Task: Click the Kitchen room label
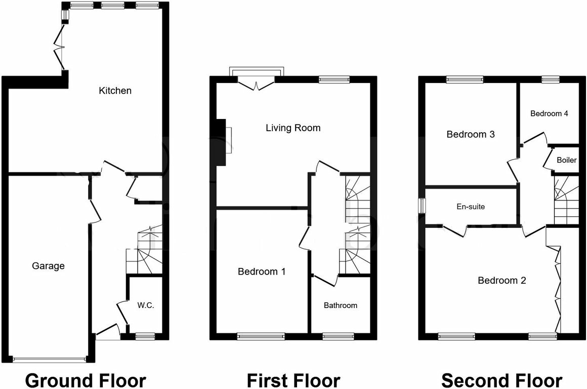[115, 91]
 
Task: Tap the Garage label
[48, 265]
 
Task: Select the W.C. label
[146, 305]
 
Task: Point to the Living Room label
[293, 128]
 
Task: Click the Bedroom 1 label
[262, 271]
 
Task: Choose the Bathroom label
[341, 305]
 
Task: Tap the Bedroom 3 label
[470, 134]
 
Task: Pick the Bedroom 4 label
[549, 113]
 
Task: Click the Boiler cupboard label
[566, 160]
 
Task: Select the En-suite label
[471, 206]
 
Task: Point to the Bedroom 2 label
[502, 280]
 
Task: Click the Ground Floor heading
[86, 380]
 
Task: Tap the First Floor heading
[293, 380]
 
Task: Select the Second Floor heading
[501, 380]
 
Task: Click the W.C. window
[145, 335]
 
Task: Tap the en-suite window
[422, 206]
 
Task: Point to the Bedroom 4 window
[550, 79]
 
